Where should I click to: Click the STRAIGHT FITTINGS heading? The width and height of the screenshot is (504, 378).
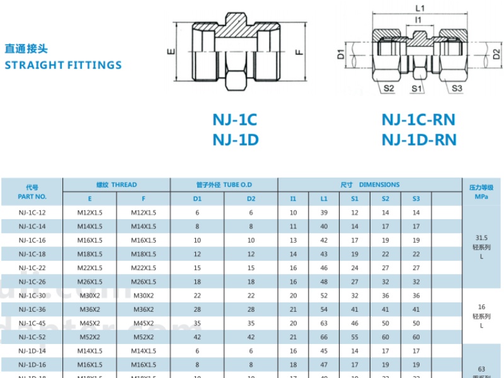pos(63,65)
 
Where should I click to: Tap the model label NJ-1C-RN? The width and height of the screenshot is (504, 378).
pos(418,120)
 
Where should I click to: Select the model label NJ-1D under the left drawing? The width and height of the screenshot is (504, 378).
pos(235,140)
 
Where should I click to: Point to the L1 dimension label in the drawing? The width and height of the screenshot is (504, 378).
pos(420,8)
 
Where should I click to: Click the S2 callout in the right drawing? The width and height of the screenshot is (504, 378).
pos(389,89)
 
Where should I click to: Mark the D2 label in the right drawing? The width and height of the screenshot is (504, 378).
pos(496,54)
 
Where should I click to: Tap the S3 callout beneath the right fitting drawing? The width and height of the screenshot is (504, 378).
pos(457,89)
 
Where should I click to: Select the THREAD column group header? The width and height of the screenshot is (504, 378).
pos(116,185)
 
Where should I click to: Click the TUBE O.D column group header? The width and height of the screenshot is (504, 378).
pos(224,185)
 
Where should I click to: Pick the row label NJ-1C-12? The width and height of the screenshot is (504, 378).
pos(31,213)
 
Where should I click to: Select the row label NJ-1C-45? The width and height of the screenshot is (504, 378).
pos(31,324)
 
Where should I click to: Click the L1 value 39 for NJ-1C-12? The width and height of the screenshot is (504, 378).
pos(324,213)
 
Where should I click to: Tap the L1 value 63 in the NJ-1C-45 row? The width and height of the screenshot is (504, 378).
pos(324,324)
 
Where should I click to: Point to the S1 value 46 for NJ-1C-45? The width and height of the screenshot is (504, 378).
pos(355,324)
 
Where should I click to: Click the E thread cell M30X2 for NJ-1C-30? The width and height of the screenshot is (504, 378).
pos(89,296)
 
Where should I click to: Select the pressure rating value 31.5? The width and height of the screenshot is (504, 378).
pos(482,238)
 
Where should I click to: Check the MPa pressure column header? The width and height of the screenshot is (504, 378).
pos(482,196)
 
